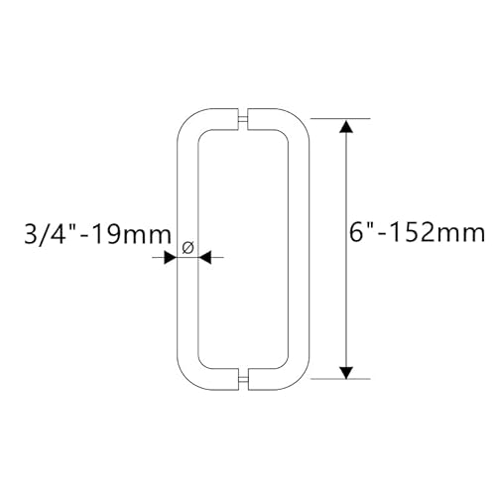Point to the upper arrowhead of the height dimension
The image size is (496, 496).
pos(345,126)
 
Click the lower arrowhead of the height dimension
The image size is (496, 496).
pos(345,371)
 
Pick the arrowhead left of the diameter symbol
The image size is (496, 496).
pos(171,257)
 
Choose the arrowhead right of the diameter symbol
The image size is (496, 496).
pos(205,257)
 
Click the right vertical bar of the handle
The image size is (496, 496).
pos(303,248)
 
